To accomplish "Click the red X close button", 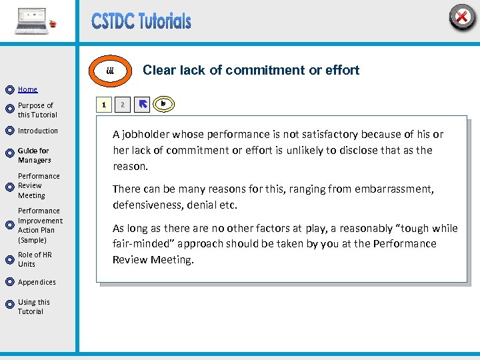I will pos(462,17).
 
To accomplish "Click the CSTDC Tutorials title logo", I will pos(141,21).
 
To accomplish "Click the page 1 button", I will pos(103,105).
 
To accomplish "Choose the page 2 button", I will pos(122,105).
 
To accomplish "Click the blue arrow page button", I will pos(142,105).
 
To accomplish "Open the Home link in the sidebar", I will pos(27,89).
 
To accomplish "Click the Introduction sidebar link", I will pos(38,131).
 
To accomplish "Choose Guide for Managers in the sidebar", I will pos(34,155).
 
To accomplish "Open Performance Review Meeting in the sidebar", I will pos(39,186).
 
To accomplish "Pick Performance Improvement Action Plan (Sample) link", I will pos(40,225).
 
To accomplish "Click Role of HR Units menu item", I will pos(35,259).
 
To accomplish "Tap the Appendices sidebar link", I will pos(37,282).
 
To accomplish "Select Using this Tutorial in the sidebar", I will pos(33,307).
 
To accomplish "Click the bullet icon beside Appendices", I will pos(9,283).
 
